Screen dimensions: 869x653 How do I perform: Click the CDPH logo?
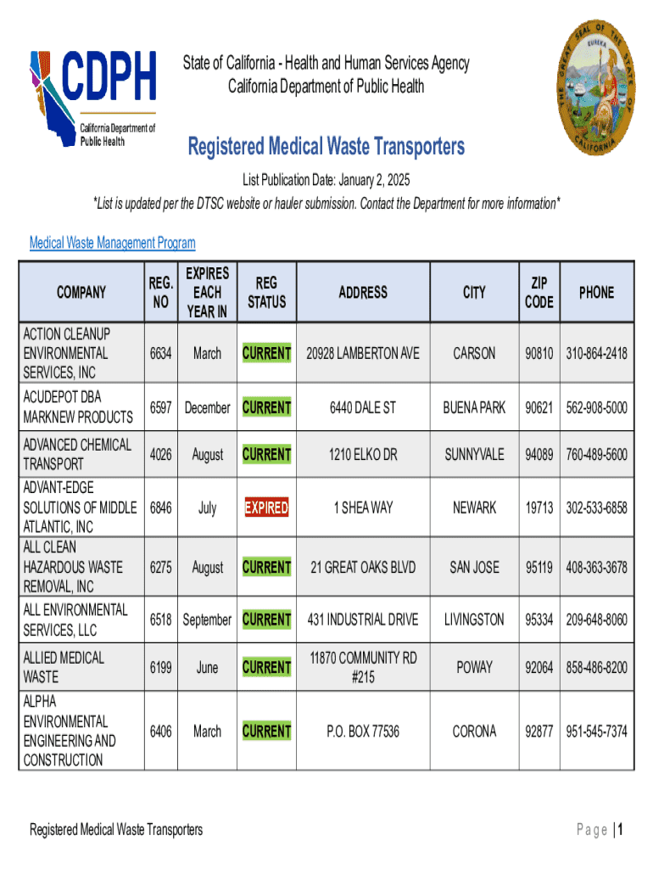coord(92,98)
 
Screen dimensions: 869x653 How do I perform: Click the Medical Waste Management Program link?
coord(113,244)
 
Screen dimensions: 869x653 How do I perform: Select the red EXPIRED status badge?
coord(266,508)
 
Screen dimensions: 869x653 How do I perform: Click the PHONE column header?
coord(596,292)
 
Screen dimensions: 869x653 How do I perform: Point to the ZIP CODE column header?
coord(539,292)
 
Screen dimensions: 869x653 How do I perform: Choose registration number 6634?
coord(161,353)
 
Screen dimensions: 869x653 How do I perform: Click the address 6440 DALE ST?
coord(362,408)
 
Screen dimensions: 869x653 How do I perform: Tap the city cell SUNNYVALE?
coord(474,455)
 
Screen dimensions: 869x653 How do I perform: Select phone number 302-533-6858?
coord(597,508)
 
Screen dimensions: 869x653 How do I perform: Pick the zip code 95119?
coord(539,567)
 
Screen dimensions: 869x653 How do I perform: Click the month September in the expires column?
coord(207,620)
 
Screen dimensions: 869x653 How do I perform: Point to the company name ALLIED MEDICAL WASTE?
coord(64,667)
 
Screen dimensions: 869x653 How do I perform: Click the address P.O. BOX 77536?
coord(362,732)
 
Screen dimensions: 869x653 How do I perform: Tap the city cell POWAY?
coord(474,668)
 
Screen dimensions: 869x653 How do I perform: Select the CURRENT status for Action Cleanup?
coord(266,353)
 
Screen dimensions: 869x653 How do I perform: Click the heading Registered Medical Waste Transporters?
coord(326,147)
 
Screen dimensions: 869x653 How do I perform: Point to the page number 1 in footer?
coord(621,831)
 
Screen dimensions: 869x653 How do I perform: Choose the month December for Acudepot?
coord(207,408)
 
